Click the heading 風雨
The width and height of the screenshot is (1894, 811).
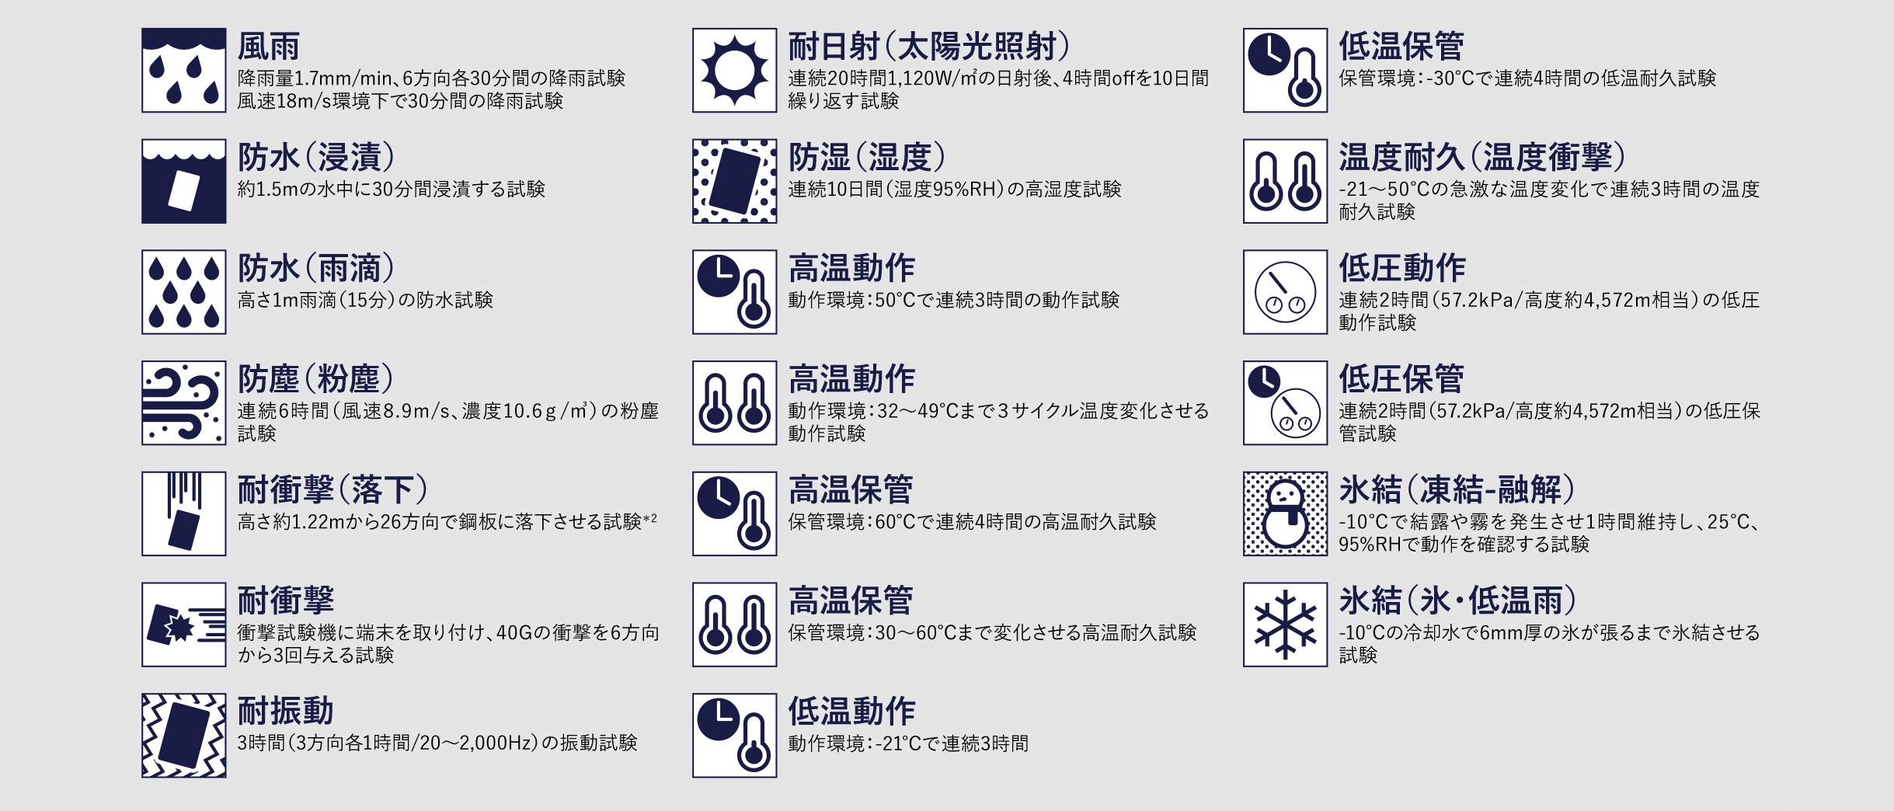coord(268,47)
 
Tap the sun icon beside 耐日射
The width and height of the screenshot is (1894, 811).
coord(734,71)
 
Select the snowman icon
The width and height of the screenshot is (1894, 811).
coord(1285,513)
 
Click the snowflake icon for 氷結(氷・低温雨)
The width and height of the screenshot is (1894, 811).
coord(1285,625)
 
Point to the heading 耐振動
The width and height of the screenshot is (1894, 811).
coord(285,711)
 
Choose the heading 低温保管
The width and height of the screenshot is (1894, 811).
coord(1401,47)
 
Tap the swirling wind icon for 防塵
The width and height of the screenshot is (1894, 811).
coord(184,402)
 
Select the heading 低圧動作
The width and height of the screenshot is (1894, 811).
coord(1401,268)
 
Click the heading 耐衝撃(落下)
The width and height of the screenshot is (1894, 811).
coord(332,489)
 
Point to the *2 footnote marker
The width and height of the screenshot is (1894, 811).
coord(649,518)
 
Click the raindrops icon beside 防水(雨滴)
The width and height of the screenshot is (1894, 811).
coord(184,292)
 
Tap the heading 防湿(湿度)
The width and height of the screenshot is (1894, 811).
coord(867,158)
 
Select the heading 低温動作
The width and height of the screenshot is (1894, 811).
coord(851,711)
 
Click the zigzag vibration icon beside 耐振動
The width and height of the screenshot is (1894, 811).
coord(184,736)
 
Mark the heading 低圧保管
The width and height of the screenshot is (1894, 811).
coord(1401,379)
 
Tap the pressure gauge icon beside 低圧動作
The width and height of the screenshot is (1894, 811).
coord(1285,292)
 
